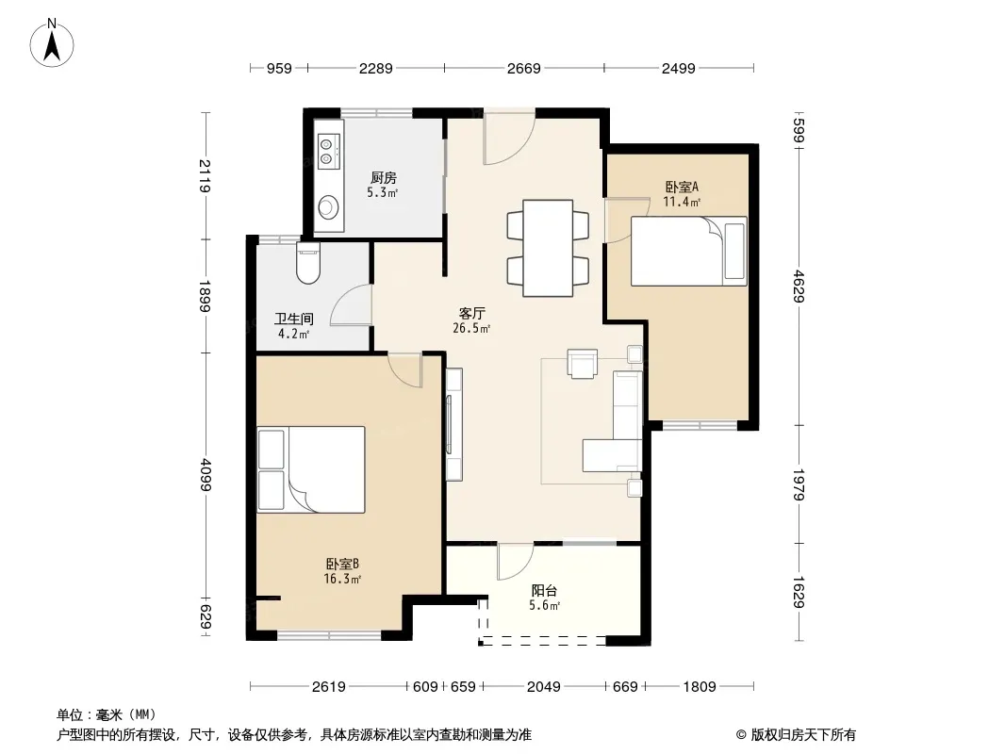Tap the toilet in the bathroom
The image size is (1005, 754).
(308, 263)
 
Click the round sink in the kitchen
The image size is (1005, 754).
(329, 206)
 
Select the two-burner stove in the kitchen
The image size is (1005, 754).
(327, 151)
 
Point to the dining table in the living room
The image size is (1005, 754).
(548, 248)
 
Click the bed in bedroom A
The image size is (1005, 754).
(689, 251)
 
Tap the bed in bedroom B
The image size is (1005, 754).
(311, 469)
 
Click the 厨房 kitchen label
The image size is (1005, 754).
(384, 177)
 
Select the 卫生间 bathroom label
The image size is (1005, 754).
(294, 319)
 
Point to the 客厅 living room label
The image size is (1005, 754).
(471, 313)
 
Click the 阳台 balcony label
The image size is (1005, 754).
(544, 591)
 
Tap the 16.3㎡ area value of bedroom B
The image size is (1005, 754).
(342, 579)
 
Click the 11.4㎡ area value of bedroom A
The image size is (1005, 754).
(682, 202)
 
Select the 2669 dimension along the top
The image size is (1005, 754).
(523, 68)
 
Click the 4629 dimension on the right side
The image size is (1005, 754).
(798, 287)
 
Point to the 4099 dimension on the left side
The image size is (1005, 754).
(206, 474)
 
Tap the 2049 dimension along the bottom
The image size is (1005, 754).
(544, 687)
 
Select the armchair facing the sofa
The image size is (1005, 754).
(582, 363)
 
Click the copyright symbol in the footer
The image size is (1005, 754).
(742, 735)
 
